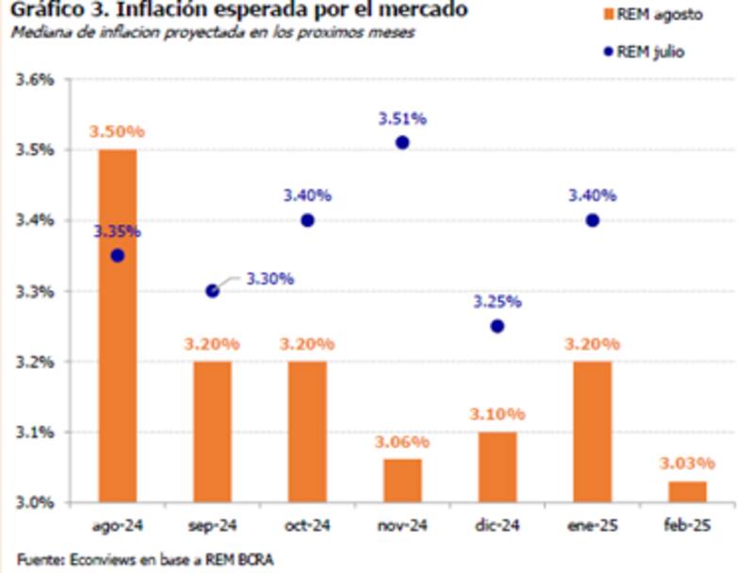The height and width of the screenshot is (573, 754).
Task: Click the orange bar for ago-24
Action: click(117, 325)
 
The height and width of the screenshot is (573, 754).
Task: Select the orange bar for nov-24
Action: click(402, 480)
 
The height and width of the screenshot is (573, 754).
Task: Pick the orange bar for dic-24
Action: click(497, 466)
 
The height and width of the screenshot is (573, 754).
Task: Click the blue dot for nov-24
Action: click(402, 142)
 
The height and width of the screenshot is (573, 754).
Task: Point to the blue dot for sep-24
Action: click(212, 291)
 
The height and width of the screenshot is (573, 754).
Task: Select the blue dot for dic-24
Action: click(497, 326)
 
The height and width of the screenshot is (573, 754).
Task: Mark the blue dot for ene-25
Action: click(592, 221)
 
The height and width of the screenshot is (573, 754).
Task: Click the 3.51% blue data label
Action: click(402, 119)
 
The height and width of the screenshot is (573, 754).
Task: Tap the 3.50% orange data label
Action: click(114, 132)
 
